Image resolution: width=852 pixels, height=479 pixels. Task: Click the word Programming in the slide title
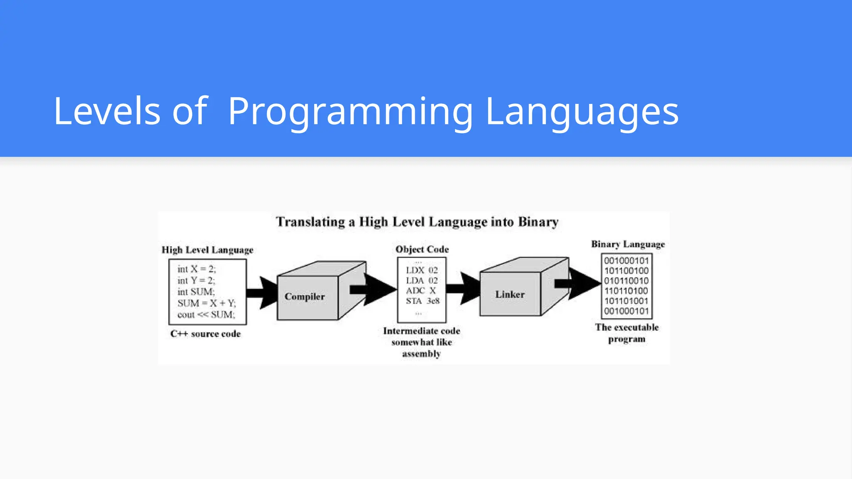click(x=350, y=111)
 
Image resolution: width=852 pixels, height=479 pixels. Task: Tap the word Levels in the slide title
click(x=107, y=111)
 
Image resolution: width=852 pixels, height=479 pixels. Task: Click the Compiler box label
click(x=305, y=296)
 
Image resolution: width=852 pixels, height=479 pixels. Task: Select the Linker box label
click(x=510, y=294)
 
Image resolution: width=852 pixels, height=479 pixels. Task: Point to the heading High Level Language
click(x=207, y=250)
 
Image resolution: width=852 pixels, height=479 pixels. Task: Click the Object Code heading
click(x=422, y=249)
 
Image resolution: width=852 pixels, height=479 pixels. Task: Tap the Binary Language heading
click(x=628, y=244)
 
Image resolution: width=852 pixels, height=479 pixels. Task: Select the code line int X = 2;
click(x=196, y=269)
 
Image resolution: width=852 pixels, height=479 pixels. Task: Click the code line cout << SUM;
click(x=206, y=315)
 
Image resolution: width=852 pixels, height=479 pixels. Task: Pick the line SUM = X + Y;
click(x=206, y=303)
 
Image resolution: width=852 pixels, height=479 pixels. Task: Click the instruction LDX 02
click(x=422, y=270)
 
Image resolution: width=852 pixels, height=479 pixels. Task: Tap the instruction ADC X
click(x=421, y=291)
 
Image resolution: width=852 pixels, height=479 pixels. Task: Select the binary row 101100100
click(x=626, y=271)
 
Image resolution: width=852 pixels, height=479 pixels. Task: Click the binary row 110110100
click(x=626, y=291)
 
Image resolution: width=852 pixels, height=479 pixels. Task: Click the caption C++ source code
click(x=206, y=334)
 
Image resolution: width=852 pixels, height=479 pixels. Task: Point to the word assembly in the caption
click(x=421, y=354)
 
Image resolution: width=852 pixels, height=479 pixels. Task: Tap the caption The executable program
click(x=627, y=333)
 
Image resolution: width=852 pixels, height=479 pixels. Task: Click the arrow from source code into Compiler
click(x=262, y=293)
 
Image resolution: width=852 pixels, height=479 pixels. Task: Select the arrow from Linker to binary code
click(x=580, y=283)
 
